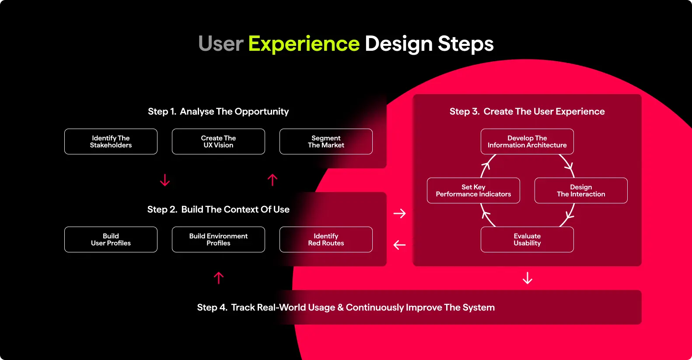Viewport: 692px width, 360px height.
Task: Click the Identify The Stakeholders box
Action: [x=111, y=141]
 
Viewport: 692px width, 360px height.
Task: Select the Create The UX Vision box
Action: [x=218, y=141]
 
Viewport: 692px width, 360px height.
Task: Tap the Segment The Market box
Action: [x=326, y=141]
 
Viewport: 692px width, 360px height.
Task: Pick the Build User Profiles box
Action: [x=111, y=239]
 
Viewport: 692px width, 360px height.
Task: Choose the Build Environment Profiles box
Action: [x=218, y=239]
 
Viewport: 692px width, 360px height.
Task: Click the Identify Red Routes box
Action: [x=326, y=239]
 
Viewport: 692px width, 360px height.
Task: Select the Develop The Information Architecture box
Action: [x=527, y=141]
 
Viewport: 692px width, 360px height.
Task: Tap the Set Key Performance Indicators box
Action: [x=473, y=190]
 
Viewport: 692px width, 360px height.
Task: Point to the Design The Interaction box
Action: [x=581, y=190]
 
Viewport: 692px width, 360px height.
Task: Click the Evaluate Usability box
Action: [x=527, y=239]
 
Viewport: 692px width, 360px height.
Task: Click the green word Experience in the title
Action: [x=304, y=44]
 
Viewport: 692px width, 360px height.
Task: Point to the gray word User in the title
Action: [x=220, y=44]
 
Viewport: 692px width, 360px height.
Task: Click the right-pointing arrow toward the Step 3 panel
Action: [x=399, y=213]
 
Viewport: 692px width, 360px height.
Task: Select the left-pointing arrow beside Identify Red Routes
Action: [x=399, y=245]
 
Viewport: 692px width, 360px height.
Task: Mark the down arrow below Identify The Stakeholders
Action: [x=165, y=180]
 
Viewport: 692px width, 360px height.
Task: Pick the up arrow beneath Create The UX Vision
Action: [x=273, y=180]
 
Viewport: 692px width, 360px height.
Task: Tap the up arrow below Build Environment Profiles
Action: [x=219, y=278]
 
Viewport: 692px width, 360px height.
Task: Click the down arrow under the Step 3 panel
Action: [x=528, y=278]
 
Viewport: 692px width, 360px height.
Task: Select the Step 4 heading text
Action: [x=346, y=308]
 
